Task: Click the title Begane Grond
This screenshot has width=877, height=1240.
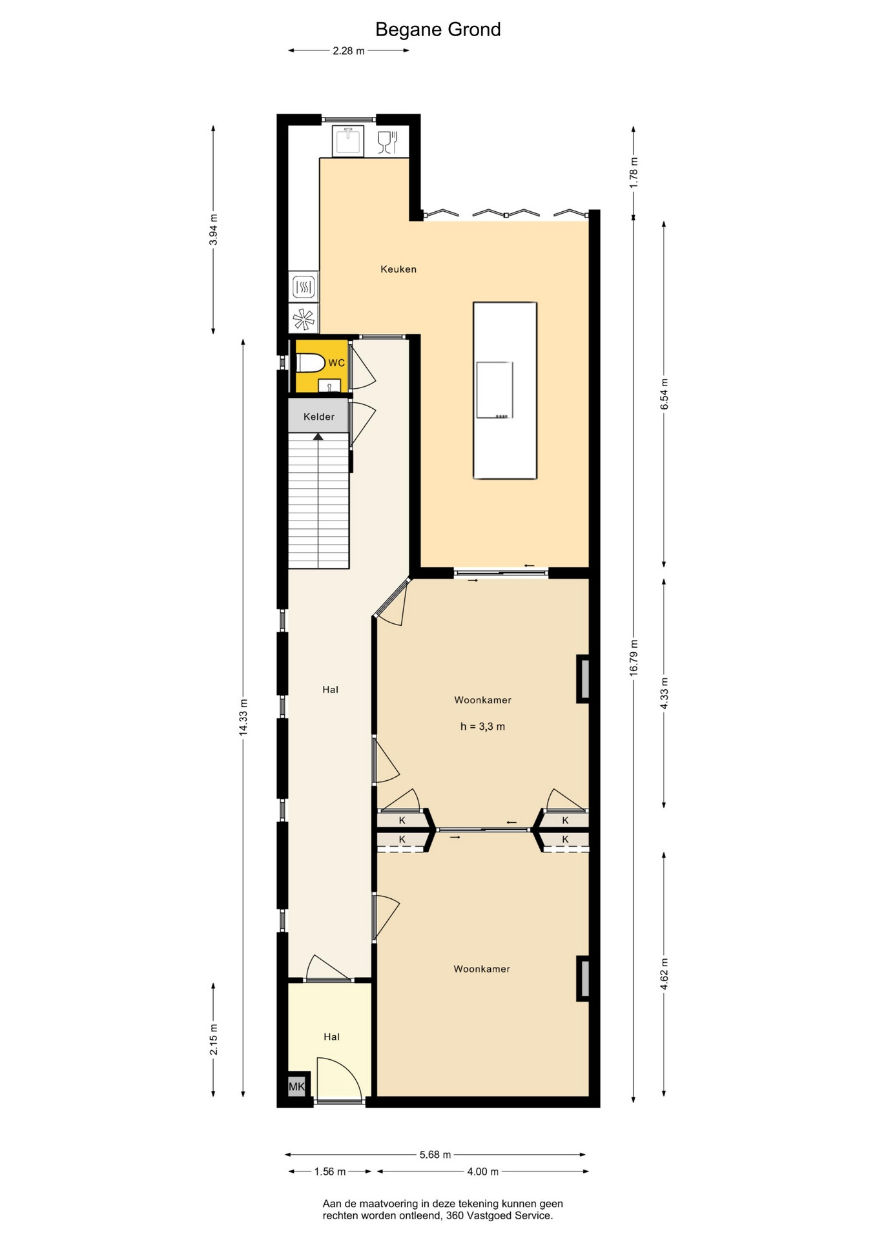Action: click(438, 30)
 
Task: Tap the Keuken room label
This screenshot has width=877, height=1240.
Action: click(398, 269)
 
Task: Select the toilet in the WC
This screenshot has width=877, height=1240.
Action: click(310, 363)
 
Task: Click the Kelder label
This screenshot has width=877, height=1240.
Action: click(319, 417)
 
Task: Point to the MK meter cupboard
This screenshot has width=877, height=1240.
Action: click(296, 1086)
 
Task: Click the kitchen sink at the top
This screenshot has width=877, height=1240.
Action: click(348, 141)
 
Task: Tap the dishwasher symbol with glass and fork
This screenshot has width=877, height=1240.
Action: click(387, 142)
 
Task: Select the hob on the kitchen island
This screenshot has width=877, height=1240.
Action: click(495, 390)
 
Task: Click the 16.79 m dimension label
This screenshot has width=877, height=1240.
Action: click(634, 658)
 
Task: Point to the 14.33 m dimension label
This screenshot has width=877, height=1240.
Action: click(243, 717)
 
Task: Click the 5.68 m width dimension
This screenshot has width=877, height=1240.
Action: click(435, 1154)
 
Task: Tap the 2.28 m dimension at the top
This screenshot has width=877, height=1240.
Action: click(349, 50)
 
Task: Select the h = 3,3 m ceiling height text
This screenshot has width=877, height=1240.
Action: click(482, 727)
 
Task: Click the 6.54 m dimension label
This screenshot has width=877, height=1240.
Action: click(664, 394)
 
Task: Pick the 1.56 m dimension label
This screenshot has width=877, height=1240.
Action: click(330, 1172)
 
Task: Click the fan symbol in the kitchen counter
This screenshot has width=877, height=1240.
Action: click(304, 319)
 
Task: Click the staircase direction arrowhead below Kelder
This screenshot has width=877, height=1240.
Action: click(318, 437)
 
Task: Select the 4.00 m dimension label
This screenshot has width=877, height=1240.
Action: click(483, 1172)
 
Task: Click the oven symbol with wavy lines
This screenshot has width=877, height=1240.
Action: click(304, 286)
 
